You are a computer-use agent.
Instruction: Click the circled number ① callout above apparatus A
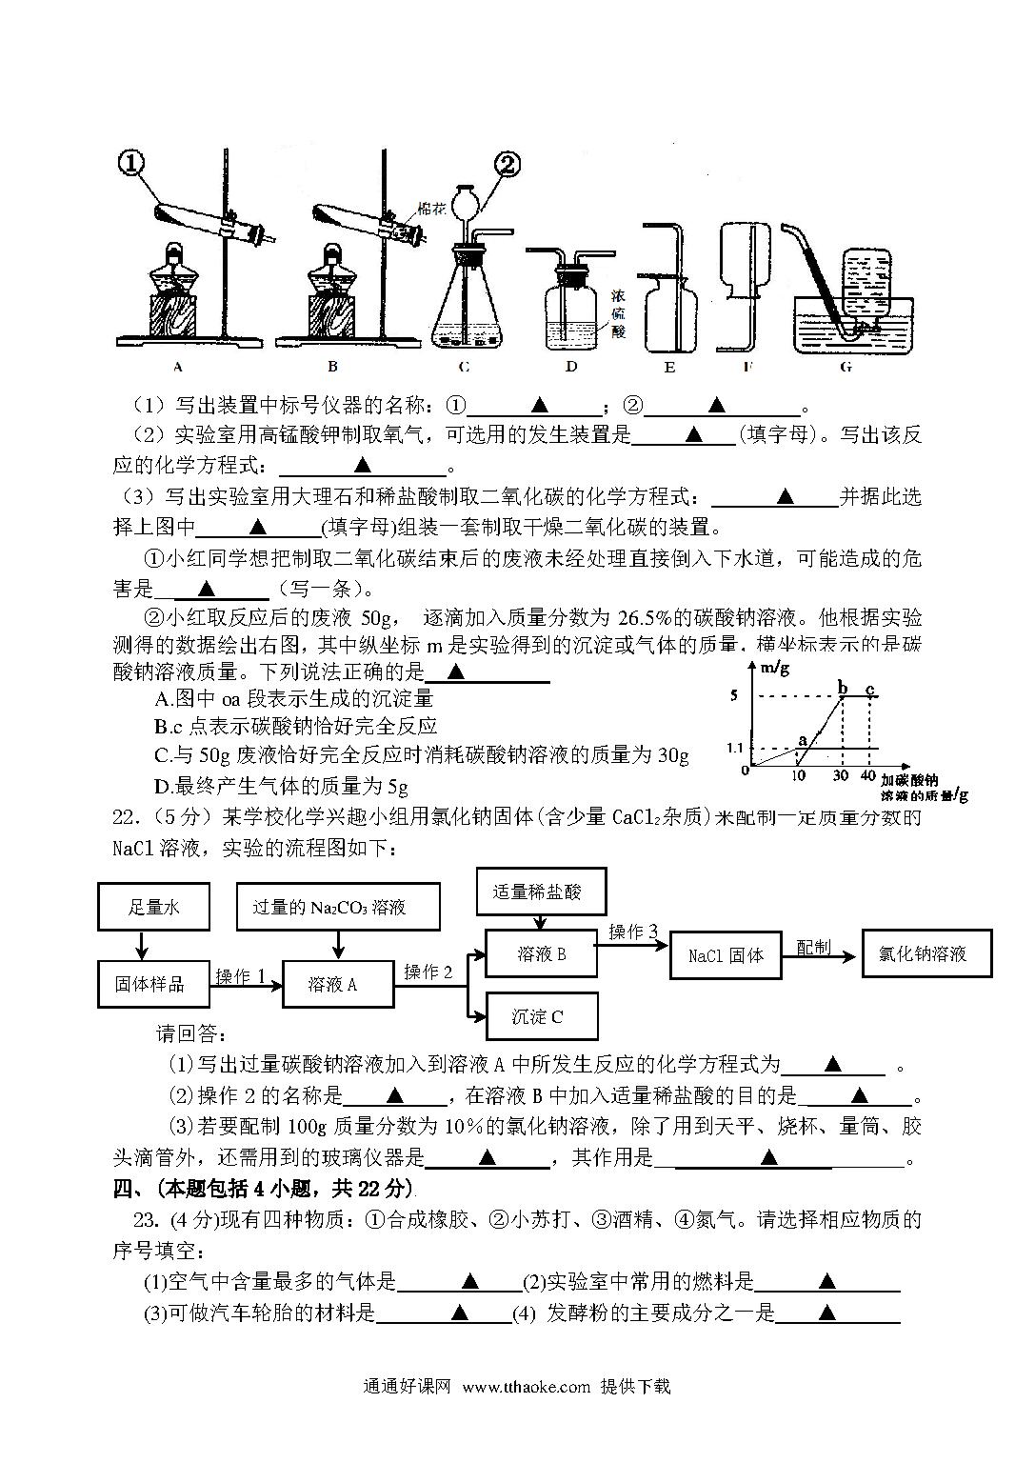click(131, 164)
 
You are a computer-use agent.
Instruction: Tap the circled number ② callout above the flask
click(508, 165)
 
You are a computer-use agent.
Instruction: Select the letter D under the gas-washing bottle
click(571, 367)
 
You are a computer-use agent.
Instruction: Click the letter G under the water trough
click(846, 367)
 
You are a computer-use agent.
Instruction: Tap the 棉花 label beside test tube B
click(431, 209)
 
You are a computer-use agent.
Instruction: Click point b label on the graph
click(843, 687)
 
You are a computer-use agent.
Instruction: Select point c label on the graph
click(869, 689)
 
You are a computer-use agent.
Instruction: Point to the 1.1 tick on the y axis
click(735, 748)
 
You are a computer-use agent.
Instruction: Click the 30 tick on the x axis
click(841, 775)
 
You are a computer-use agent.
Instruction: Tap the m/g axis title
click(775, 668)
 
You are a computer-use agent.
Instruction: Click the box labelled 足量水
click(153, 907)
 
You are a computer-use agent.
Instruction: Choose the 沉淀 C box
click(542, 1016)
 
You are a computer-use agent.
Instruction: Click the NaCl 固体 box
click(726, 955)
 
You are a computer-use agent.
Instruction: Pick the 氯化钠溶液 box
click(927, 953)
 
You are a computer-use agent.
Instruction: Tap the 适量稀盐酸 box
click(542, 892)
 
